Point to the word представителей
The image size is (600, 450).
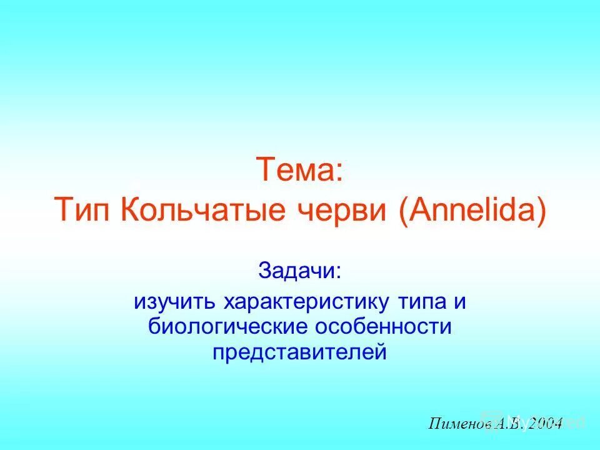(299, 352)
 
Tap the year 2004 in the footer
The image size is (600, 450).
(544, 423)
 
